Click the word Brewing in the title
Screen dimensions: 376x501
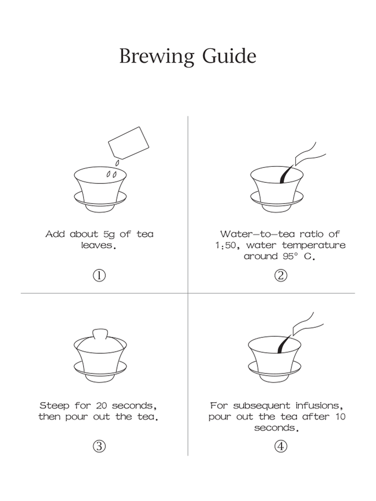click(x=157, y=56)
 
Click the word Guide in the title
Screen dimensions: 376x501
click(x=229, y=56)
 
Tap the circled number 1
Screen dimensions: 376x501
click(x=99, y=275)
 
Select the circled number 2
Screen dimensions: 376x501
click(x=281, y=275)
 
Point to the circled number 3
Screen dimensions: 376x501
click(x=99, y=446)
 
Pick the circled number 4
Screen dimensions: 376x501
click(x=281, y=446)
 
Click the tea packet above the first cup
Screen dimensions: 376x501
click(x=129, y=143)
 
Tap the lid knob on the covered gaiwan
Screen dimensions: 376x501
click(x=100, y=335)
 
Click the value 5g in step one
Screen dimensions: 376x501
click(x=109, y=234)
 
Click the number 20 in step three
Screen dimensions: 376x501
click(x=101, y=406)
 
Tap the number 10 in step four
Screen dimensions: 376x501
click(x=340, y=417)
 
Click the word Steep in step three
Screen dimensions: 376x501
click(x=54, y=406)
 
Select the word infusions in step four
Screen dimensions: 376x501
click(x=319, y=406)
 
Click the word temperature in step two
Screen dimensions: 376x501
click(x=314, y=245)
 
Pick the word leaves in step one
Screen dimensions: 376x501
click(x=98, y=245)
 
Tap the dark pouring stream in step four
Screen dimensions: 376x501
click(x=283, y=344)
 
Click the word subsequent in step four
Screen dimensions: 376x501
click(x=261, y=406)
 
